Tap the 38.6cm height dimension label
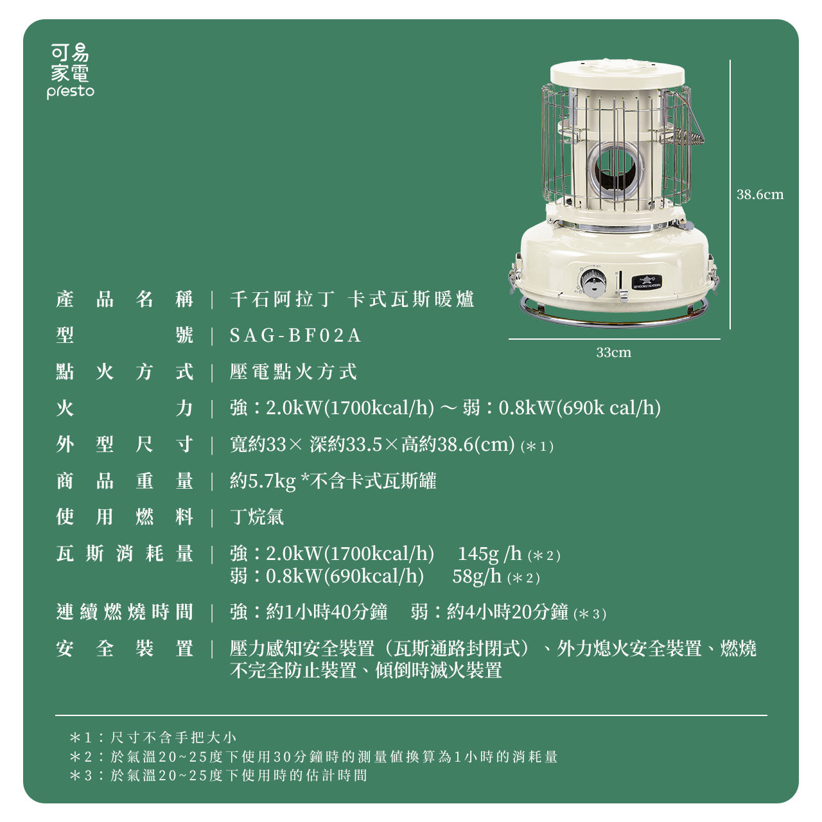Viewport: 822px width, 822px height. click(760, 195)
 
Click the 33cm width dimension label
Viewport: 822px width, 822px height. click(613, 353)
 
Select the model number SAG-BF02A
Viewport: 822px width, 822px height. click(295, 336)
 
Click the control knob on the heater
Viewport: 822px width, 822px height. click(591, 282)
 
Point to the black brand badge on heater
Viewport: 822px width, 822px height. click(646, 282)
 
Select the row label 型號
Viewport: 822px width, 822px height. click(124, 336)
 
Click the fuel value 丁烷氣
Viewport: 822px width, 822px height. click(256, 517)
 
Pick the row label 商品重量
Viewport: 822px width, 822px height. click(124, 481)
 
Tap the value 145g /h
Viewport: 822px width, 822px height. click(489, 554)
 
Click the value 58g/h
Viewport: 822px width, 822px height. click(477, 576)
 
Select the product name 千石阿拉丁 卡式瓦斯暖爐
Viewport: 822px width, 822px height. click(352, 300)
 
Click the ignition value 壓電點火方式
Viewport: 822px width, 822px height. click(293, 372)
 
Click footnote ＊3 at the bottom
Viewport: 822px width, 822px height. click(218, 776)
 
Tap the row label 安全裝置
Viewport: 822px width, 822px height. click(124, 649)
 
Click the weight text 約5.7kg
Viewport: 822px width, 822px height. click(263, 481)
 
